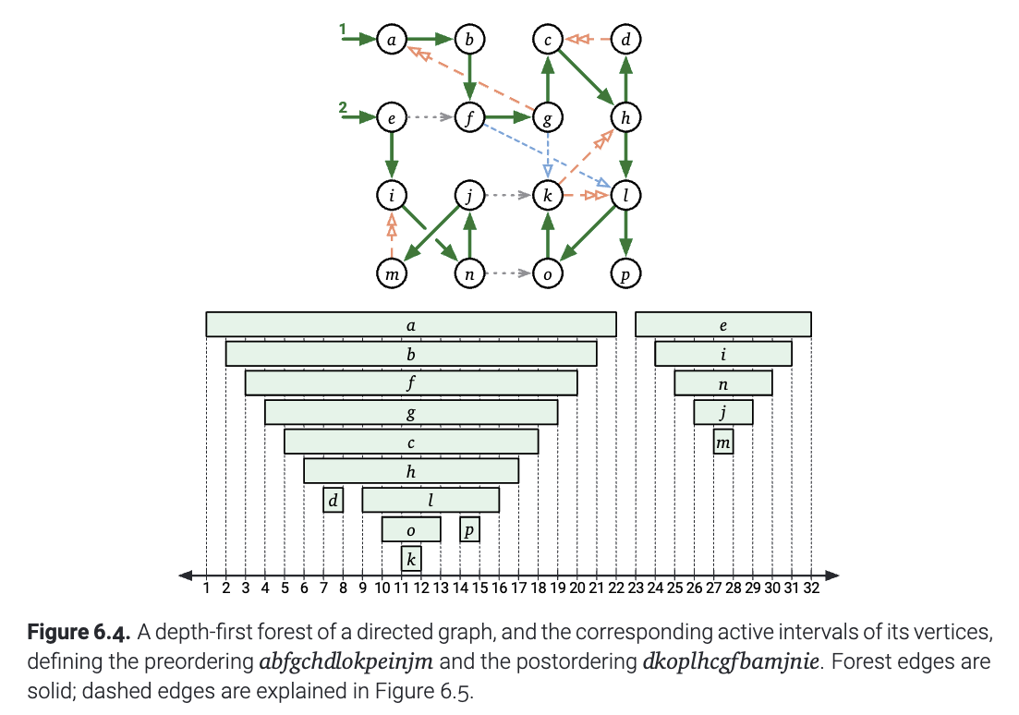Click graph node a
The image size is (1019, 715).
tap(391, 40)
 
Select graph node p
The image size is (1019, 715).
tap(625, 273)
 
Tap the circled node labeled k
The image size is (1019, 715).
tap(548, 196)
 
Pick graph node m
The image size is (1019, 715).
tap(391, 273)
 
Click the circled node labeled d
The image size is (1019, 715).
tap(625, 40)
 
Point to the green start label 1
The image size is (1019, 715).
tap(343, 30)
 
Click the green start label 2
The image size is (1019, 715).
tap(343, 107)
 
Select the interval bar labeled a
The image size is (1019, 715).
tap(411, 324)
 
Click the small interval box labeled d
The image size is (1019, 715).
tap(334, 500)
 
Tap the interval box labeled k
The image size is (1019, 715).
tap(411, 559)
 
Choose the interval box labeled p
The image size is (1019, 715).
tap(470, 529)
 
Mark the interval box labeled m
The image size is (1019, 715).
tap(723, 442)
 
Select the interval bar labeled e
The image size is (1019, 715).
tap(723, 324)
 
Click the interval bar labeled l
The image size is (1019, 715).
tap(431, 500)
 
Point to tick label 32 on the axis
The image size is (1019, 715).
tap(811, 588)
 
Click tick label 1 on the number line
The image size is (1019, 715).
tap(207, 588)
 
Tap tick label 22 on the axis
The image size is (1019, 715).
tap(616, 588)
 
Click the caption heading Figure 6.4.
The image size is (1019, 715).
tap(79, 632)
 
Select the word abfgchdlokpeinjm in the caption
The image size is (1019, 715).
tap(346, 661)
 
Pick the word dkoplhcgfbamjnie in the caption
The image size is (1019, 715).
tap(731, 661)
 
